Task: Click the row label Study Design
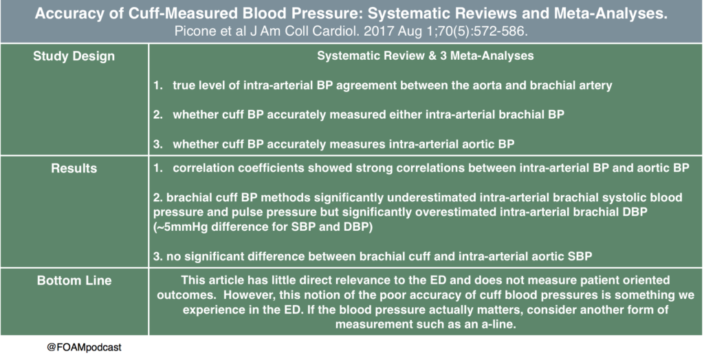[x=74, y=56]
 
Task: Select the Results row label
[x=74, y=168]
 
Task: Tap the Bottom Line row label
[x=74, y=281]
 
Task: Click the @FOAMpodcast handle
[x=85, y=348]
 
